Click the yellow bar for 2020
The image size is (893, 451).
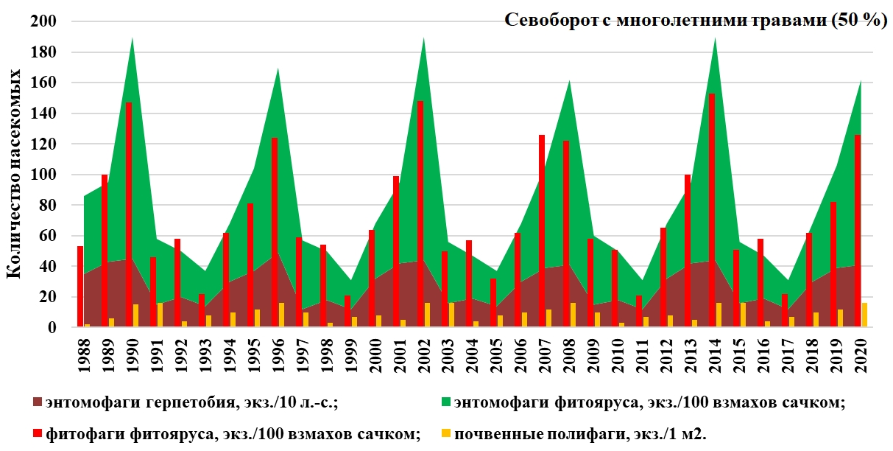(864, 315)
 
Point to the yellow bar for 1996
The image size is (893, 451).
(281, 315)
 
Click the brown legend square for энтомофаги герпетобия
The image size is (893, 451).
(38, 402)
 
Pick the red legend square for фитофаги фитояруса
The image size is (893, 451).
(38, 435)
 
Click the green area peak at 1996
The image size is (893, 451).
(278, 71)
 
